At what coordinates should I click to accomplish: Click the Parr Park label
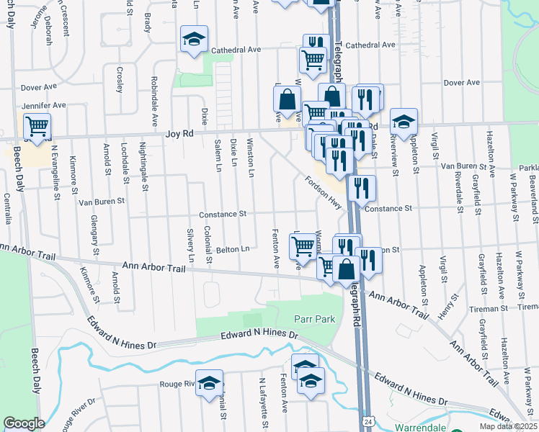pyautogui.click(x=315, y=318)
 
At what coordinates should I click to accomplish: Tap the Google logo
pyautogui.click(x=24, y=423)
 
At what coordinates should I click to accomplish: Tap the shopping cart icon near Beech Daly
pyautogui.click(x=37, y=127)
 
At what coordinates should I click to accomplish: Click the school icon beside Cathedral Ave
pyautogui.click(x=194, y=41)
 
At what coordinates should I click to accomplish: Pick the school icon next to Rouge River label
pyautogui.click(x=210, y=383)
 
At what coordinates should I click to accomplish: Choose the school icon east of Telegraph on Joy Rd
pyautogui.click(x=404, y=122)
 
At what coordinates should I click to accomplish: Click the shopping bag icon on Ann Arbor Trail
pyautogui.click(x=346, y=269)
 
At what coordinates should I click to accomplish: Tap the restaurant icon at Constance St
pyautogui.click(x=361, y=189)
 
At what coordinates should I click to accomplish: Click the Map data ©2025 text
pyautogui.click(x=508, y=426)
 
